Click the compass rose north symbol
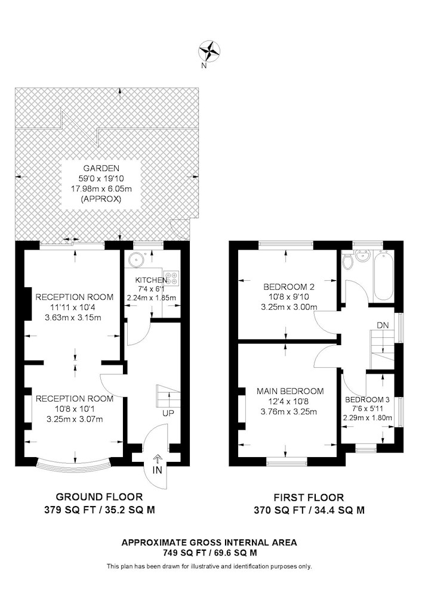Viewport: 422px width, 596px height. (x=210, y=51)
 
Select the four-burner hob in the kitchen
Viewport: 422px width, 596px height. (x=171, y=278)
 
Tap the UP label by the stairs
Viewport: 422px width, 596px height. (x=168, y=413)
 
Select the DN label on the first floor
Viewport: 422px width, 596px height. (x=383, y=325)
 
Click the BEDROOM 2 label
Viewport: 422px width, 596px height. (x=289, y=287)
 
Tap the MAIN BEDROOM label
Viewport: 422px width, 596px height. (x=290, y=391)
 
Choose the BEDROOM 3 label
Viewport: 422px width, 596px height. (x=367, y=399)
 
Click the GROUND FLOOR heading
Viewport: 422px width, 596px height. (x=99, y=497)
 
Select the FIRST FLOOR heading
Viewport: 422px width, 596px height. (x=309, y=497)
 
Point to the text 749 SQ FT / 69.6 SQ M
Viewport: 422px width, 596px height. (x=210, y=553)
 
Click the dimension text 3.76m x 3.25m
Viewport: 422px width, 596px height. (x=289, y=411)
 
